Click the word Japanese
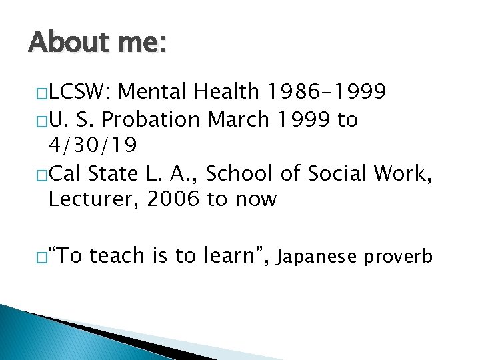316,256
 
